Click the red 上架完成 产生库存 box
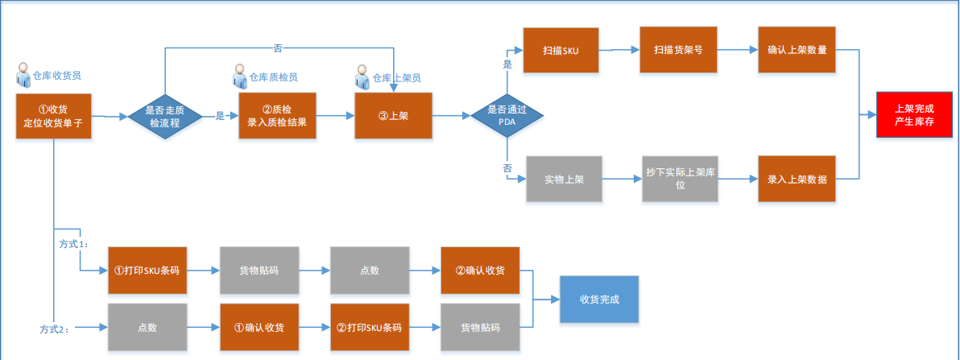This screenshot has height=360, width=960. (x=915, y=114)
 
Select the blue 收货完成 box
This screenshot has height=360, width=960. (x=599, y=299)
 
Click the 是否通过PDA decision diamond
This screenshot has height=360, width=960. (x=507, y=116)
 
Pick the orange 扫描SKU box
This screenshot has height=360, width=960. (x=561, y=50)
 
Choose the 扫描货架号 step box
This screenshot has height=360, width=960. (x=678, y=50)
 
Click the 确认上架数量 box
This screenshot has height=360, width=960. (x=797, y=50)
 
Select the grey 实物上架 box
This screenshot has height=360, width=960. (x=564, y=179)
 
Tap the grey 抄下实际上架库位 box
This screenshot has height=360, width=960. (x=681, y=179)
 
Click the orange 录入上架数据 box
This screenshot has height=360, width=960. (x=797, y=179)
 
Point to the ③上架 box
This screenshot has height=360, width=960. (x=393, y=116)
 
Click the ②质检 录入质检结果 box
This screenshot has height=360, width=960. (x=277, y=116)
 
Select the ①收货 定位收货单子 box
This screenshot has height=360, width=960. (x=53, y=116)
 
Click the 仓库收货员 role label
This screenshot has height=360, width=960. (x=56, y=75)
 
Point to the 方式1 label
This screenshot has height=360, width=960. (x=74, y=242)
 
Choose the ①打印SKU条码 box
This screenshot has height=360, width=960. (x=147, y=270)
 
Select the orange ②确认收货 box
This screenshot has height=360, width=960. (x=480, y=270)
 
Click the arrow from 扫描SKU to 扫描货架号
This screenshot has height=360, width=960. (x=620, y=50)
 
